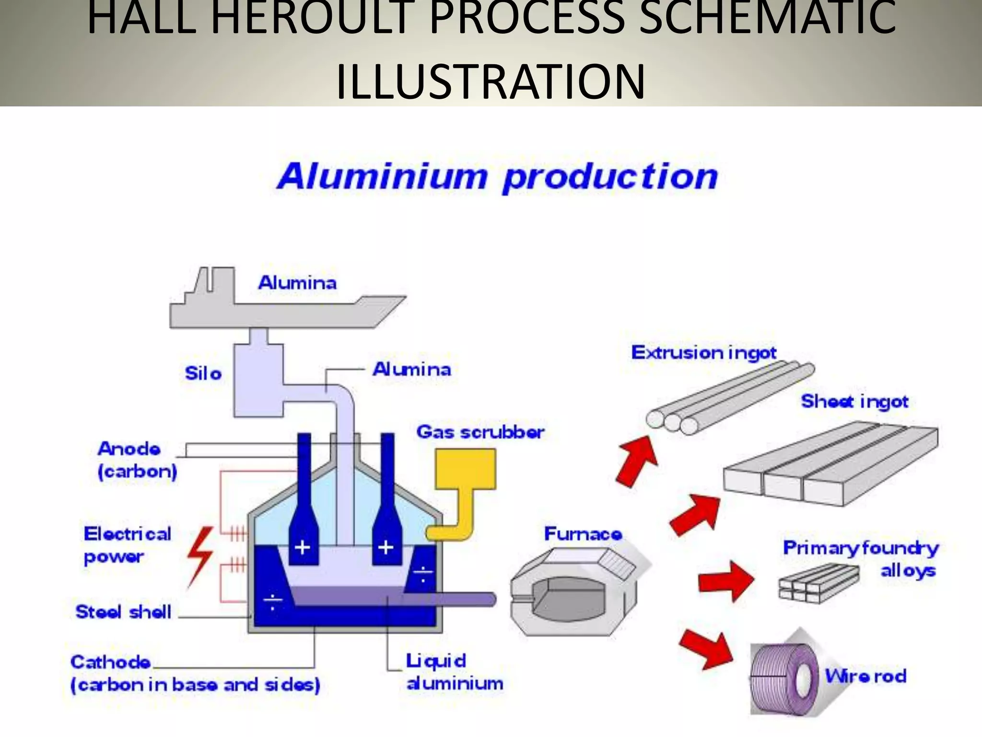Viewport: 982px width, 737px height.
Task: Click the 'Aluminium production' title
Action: [497, 177]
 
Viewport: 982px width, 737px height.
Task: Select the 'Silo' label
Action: [203, 373]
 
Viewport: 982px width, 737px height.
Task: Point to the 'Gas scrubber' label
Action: [480, 432]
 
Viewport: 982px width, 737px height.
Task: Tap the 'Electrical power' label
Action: [127, 545]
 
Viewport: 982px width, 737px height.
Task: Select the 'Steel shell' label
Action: [123, 612]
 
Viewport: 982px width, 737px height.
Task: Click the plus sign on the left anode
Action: [303, 547]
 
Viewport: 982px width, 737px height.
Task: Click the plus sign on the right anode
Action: [386, 547]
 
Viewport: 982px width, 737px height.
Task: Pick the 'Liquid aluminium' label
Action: [454, 672]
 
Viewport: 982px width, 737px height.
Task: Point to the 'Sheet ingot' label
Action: [854, 401]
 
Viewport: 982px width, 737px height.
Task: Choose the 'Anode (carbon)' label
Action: [137, 460]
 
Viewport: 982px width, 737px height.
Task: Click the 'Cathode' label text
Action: [110, 662]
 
